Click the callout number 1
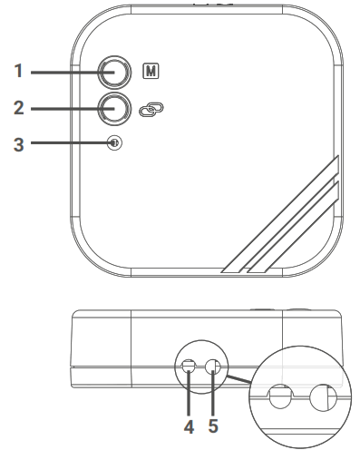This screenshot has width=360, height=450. point(19,71)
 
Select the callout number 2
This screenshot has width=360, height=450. point(19,108)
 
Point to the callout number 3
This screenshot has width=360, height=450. point(19,144)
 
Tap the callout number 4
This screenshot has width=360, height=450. point(189,426)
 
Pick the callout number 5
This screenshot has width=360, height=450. point(213,426)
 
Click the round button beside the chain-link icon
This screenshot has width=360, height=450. point(114,109)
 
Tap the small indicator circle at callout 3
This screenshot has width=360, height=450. point(114,143)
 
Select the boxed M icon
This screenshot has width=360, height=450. point(151,72)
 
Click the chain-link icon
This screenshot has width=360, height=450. point(151,109)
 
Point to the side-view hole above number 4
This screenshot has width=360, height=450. point(189,367)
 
